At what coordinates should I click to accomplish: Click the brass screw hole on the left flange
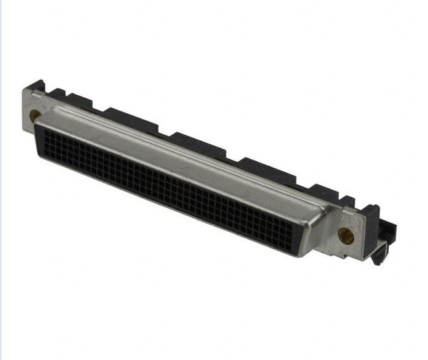pyautogui.click(x=35, y=116)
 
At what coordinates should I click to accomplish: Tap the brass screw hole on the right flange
pyautogui.click(x=345, y=234)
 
